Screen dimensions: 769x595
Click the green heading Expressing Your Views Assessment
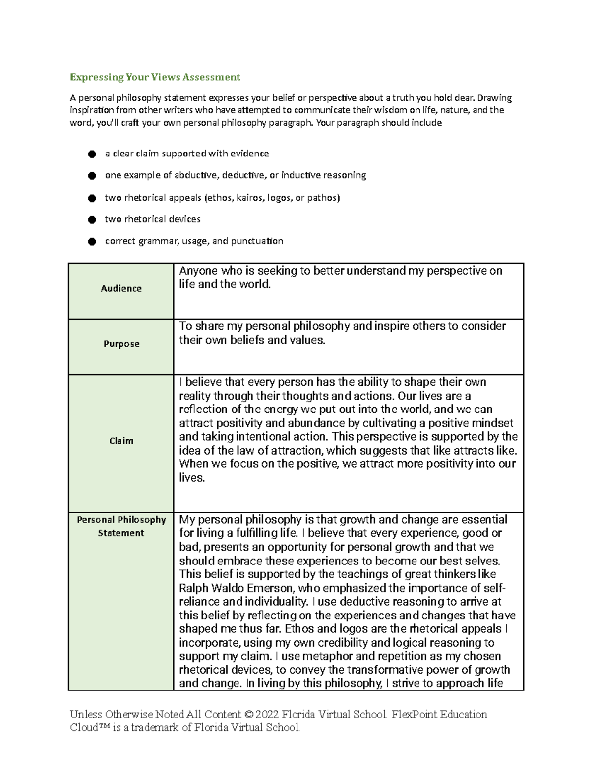pyautogui.click(x=155, y=77)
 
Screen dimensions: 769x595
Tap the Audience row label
pyautogui.click(x=121, y=288)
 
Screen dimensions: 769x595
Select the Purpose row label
pyautogui.click(x=121, y=344)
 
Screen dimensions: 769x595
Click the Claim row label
pyautogui.click(x=121, y=441)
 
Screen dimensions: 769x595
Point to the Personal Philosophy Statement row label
pyautogui.click(x=121, y=526)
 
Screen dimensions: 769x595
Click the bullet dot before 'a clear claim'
pyautogui.click(x=91, y=154)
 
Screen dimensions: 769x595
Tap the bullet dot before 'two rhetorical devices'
pyautogui.click(x=91, y=219)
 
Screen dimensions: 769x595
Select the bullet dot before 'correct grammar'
pyautogui.click(x=91, y=242)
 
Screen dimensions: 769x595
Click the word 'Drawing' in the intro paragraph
pyautogui.click(x=494, y=98)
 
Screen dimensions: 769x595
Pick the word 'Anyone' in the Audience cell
pyautogui.click(x=198, y=271)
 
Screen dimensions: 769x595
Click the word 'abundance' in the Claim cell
pyautogui.click(x=316, y=423)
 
